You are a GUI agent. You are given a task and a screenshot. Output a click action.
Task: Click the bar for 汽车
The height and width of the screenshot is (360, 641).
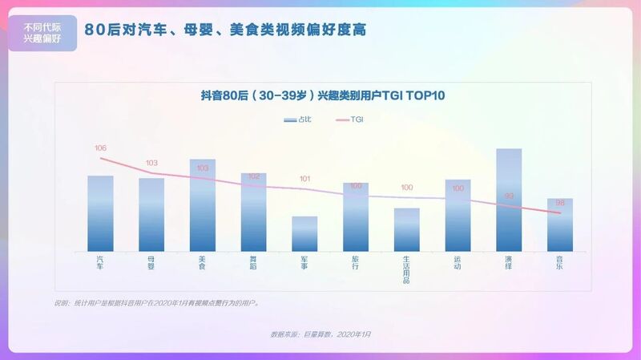click(x=100, y=213)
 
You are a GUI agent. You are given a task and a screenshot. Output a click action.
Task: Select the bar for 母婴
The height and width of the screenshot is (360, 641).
click(x=151, y=214)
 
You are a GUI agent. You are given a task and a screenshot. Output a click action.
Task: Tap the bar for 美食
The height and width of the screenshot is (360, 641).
click(x=203, y=205)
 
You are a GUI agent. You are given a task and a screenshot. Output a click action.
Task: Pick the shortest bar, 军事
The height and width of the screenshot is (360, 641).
click(x=304, y=233)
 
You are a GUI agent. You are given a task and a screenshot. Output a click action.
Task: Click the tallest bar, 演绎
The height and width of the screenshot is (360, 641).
click(x=509, y=200)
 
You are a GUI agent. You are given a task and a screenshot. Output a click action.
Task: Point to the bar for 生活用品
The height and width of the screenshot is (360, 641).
click(x=407, y=229)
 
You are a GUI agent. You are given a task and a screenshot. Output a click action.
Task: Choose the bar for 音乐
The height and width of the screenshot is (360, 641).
click(x=560, y=224)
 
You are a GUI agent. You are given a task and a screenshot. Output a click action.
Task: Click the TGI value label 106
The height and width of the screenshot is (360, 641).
click(x=100, y=148)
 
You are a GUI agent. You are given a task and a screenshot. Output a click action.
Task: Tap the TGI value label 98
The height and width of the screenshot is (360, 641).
click(x=560, y=203)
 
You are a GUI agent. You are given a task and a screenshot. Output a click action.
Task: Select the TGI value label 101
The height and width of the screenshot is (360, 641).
click(x=304, y=179)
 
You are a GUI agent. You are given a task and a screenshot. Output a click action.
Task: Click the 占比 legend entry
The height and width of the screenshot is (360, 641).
click(x=297, y=119)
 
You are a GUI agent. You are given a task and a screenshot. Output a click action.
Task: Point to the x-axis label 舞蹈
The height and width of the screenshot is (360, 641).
click(x=253, y=262)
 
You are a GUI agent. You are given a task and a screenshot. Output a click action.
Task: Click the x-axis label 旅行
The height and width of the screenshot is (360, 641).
click(x=356, y=262)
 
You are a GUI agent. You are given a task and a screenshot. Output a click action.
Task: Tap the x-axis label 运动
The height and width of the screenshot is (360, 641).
click(x=458, y=262)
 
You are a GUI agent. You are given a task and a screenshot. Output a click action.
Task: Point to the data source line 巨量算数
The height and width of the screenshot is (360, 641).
click(x=320, y=333)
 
